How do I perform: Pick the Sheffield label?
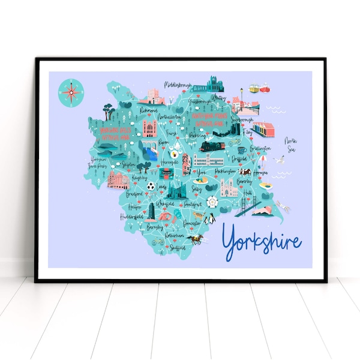pos(175,246)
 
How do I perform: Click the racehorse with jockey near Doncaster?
pos(195,239)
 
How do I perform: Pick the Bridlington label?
pos(259,148)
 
